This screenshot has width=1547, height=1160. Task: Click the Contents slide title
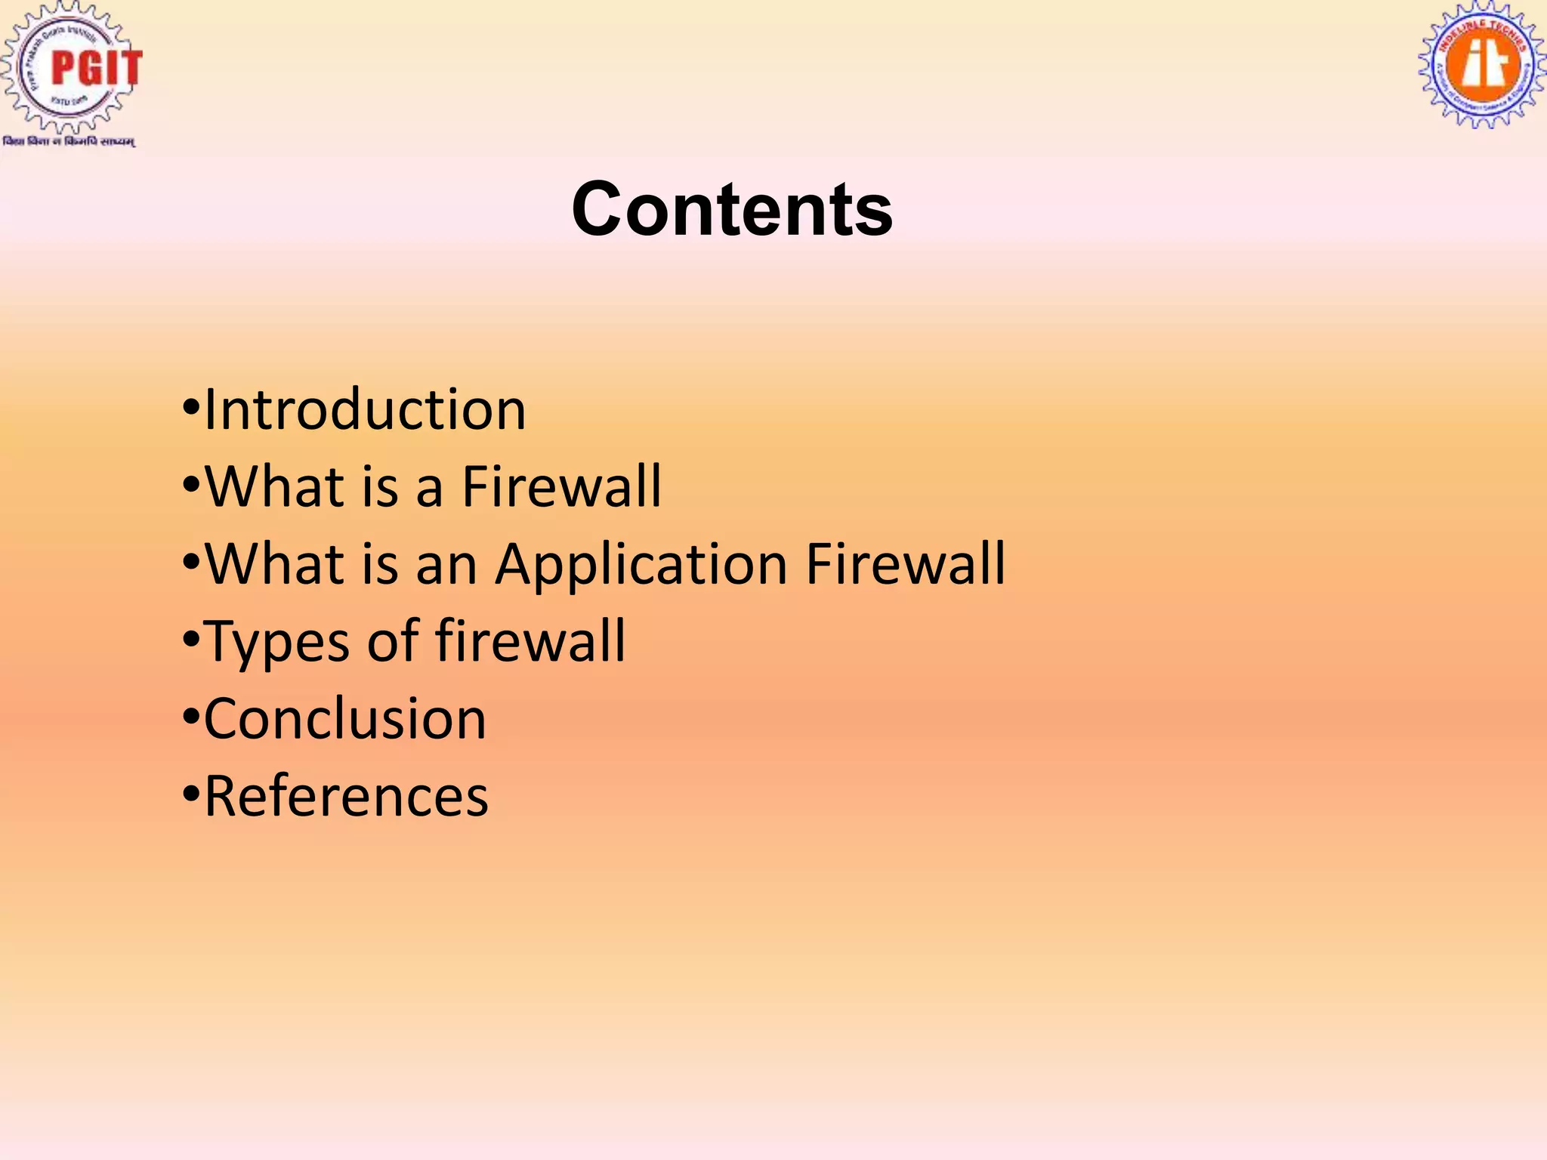click(731, 209)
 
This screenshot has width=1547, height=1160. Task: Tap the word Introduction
click(365, 410)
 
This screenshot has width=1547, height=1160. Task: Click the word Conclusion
click(345, 719)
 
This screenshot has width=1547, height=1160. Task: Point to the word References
click(347, 797)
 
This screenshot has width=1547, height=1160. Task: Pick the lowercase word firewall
click(530, 641)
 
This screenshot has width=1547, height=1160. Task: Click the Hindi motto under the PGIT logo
click(69, 142)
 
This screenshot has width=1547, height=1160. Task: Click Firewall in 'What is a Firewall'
click(561, 487)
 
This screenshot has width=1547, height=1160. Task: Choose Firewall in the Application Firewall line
click(905, 564)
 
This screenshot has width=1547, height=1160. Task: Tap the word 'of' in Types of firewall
click(393, 641)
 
